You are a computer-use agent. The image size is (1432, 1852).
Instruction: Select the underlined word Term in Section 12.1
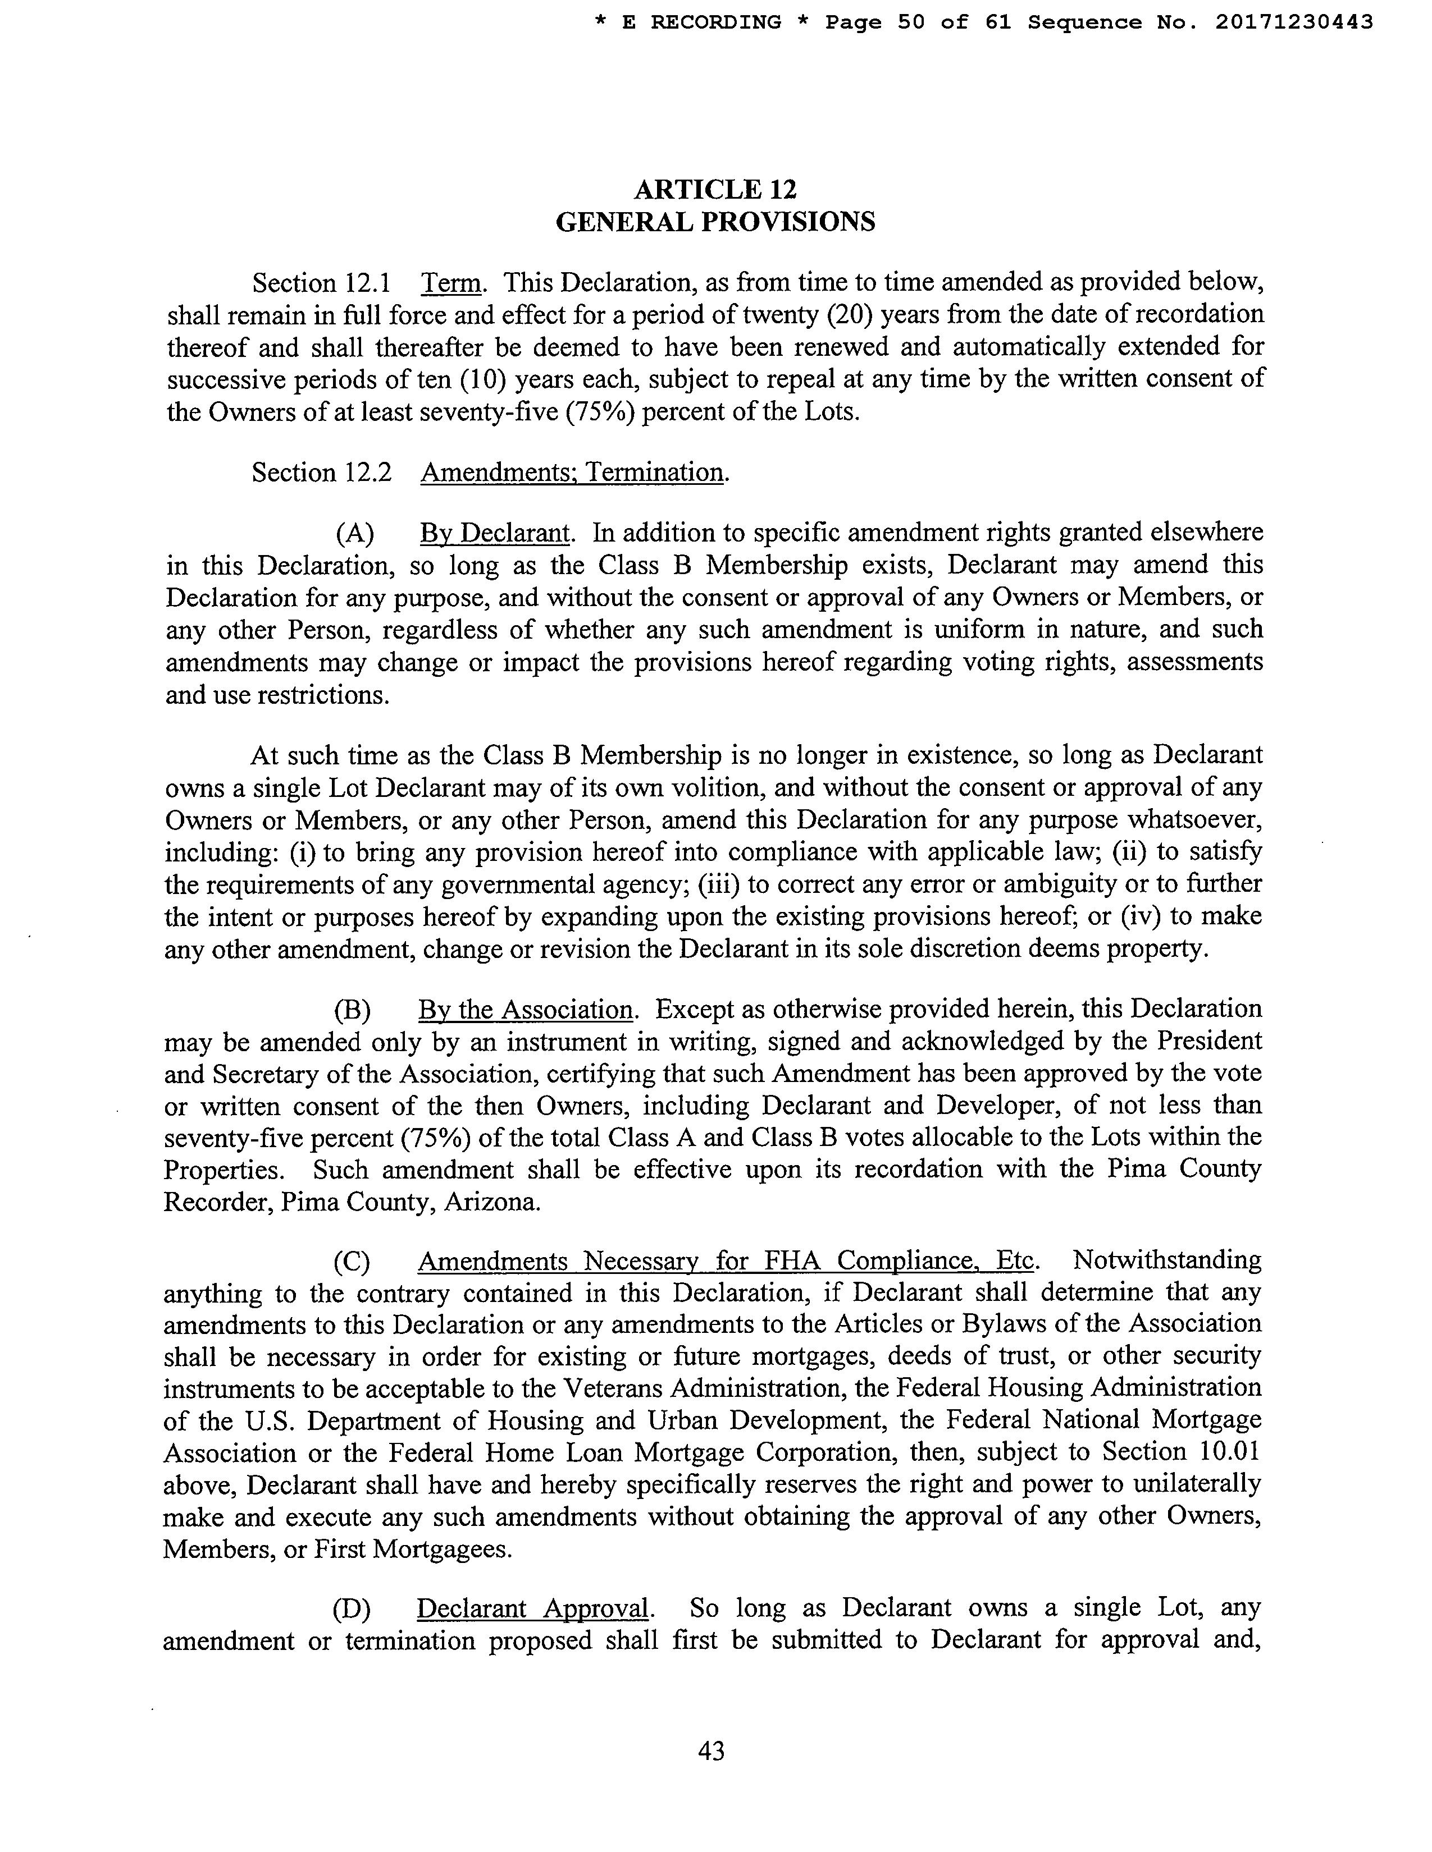pyautogui.click(x=452, y=282)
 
